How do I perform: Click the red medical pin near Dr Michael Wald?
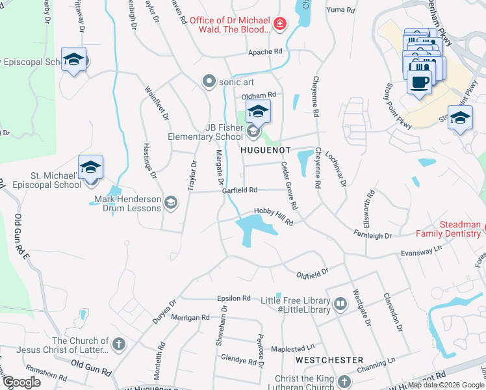279,25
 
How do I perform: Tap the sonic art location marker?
209,82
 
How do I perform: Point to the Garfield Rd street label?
240,190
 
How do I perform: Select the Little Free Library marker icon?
340,304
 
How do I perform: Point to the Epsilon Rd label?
234,298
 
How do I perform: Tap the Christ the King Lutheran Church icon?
344,382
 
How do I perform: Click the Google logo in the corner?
21,382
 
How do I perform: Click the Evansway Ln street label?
421,250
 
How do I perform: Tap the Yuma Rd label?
341,10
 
